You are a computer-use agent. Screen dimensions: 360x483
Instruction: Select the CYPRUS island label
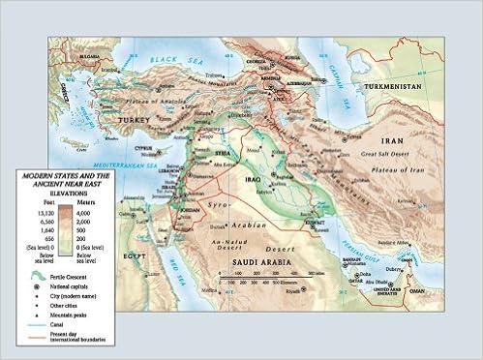pyautogui.click(x=144, y=148)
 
